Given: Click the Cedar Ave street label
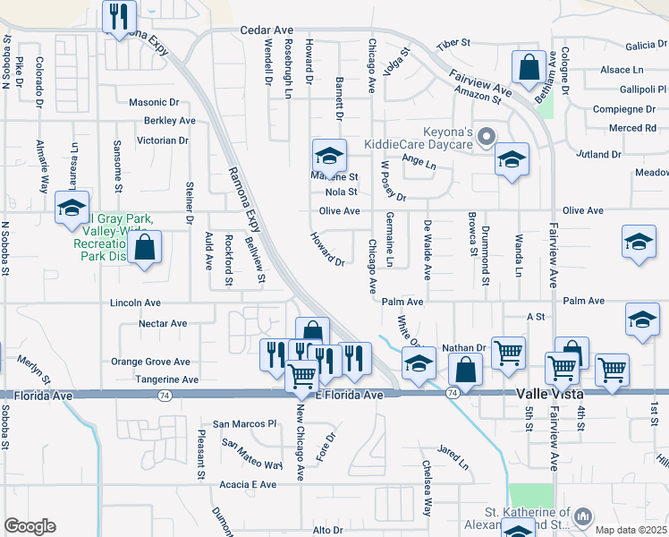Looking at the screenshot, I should click(x=261, y=30).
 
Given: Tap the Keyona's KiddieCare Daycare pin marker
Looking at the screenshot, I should click(x=487, y=137).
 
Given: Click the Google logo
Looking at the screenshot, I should click(x=30, y=526).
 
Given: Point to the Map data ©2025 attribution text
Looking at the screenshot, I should click(x=631, y=529).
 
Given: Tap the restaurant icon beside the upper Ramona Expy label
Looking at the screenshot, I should click(x=118, y=15).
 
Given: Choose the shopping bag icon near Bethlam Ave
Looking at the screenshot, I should click(x=529, y=67).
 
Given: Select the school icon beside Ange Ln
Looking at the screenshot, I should click(x=511, y=159).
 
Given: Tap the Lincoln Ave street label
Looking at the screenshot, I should click(x=135, y=303).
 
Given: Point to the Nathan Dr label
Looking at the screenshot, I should click(x=462, y=347).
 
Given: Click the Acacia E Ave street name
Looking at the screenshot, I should click(x=248, y=484).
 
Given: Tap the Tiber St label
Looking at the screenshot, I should click(x=453, y=44).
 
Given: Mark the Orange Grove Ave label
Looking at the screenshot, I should click(x=150, y=362).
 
